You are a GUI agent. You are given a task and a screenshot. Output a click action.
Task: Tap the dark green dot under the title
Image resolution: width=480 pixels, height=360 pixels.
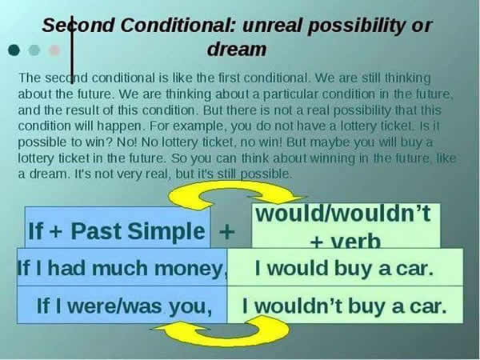point(14,50)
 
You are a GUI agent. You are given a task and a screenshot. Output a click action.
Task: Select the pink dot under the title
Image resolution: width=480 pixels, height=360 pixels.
point(54,50)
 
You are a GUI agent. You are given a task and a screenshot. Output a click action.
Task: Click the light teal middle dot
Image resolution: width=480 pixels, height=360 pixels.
point(34,50)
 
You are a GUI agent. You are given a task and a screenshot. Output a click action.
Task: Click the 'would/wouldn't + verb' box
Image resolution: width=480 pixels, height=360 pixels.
point(346,226)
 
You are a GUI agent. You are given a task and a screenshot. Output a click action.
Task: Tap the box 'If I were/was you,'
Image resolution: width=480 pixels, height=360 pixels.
point(124,306)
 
